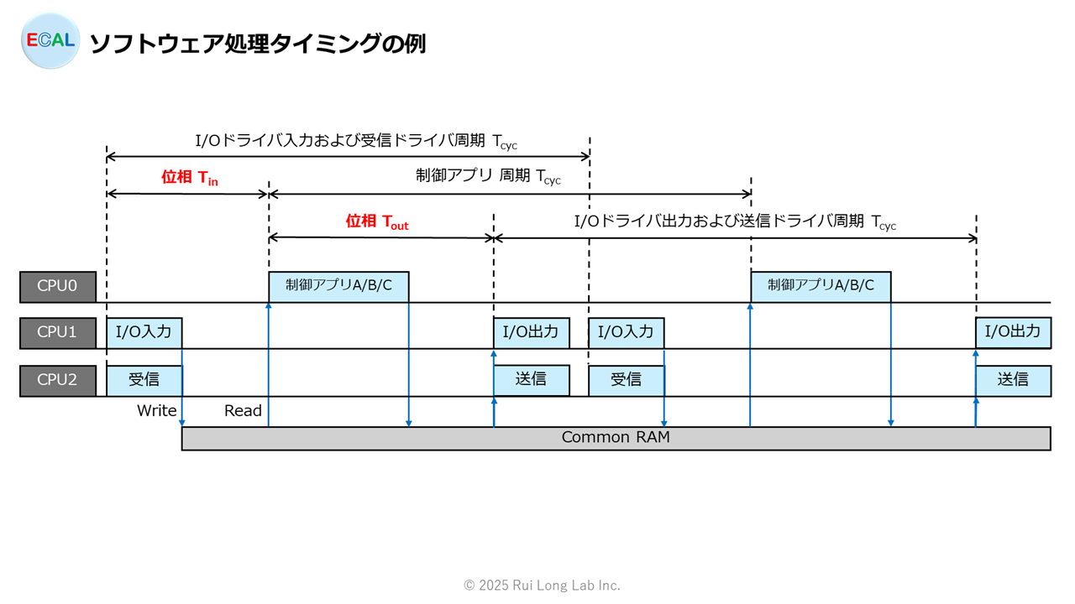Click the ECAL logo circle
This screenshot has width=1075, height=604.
50,41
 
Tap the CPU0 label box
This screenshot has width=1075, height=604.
58,287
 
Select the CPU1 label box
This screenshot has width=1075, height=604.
58,333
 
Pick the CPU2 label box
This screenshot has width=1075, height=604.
58,381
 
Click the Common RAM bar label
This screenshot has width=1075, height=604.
616,437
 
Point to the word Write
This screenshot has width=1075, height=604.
156,411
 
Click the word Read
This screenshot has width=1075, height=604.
243,411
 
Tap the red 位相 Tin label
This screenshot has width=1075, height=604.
190,178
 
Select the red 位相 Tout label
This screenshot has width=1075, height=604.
377,222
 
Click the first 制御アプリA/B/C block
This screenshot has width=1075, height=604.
338,287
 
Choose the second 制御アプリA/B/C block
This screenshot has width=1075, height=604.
821,287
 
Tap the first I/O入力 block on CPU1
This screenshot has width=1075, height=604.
144,333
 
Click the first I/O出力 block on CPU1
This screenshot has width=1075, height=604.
532,333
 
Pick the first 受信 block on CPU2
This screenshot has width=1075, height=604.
144,381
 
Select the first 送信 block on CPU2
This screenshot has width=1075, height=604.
532,380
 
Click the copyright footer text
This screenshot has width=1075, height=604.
542,586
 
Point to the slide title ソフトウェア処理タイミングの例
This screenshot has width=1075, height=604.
258,44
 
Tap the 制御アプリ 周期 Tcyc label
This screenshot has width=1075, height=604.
488,176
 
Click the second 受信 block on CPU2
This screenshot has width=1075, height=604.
627,381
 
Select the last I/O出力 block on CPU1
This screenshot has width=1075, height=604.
1014,332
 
